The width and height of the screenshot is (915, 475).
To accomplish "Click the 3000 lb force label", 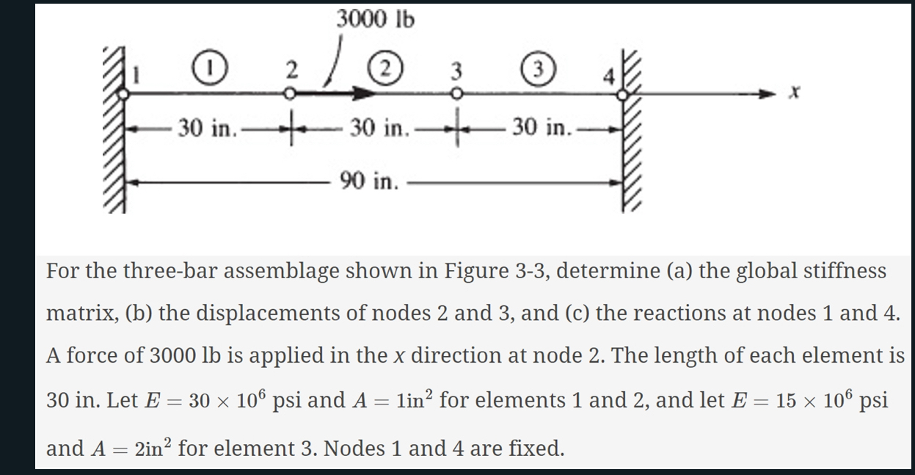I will coord(375,19).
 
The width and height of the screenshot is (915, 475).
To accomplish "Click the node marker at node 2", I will coord(291,94).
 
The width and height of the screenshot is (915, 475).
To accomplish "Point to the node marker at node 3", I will coord(456,94).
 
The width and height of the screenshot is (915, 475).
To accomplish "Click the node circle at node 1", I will coord(125,94).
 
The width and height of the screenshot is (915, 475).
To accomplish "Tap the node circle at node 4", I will coord(622,94).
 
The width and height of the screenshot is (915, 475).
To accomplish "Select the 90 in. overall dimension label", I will coord(368,181).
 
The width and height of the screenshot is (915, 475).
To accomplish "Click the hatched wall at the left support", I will coord(114,132).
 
